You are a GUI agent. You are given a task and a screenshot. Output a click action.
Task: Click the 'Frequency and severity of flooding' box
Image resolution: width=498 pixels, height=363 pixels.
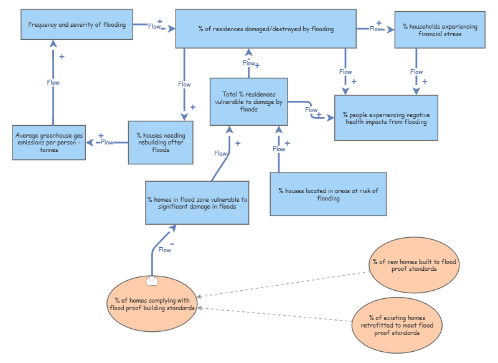point(77,25)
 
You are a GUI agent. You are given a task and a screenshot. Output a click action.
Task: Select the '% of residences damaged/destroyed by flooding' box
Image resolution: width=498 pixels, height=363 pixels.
point(266,29)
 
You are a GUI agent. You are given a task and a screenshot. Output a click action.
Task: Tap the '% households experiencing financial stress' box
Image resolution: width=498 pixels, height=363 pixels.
point(439,30)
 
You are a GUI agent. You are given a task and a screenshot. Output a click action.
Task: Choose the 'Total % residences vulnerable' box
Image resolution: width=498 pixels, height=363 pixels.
point(248,101)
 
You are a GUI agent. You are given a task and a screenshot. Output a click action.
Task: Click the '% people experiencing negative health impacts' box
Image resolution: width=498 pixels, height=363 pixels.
point(386,118)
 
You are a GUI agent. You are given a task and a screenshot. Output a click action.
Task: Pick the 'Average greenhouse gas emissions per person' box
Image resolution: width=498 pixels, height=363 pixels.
point(49,143)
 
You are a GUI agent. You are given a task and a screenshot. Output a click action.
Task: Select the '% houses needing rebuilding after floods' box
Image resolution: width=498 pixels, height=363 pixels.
point(161,143)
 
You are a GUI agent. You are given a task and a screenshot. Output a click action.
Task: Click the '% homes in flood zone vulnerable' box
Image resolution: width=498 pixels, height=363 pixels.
point(197,203)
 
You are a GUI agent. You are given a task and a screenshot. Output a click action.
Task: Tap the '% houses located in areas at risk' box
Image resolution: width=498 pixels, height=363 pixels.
point(327,195)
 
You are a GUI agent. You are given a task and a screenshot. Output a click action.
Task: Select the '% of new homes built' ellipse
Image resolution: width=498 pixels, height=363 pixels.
point(413,265)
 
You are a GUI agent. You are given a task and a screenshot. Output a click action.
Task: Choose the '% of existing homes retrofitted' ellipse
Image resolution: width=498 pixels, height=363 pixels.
point(397,325)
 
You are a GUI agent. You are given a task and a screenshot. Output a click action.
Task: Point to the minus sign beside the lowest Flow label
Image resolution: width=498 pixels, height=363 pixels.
point(172,243)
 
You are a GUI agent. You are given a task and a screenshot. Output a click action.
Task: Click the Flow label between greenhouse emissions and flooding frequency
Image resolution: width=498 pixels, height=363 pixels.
point(54,82)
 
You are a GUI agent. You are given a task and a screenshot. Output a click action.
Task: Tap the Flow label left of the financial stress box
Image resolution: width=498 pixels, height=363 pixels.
point(376,29)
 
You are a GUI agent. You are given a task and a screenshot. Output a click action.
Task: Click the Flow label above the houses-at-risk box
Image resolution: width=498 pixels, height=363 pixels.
point(279,149)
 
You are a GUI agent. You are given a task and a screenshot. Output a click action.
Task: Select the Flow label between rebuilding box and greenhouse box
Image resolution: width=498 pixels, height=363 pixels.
point(107,142)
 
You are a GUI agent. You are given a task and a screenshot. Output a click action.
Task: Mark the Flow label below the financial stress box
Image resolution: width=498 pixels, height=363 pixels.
point(416,72)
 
